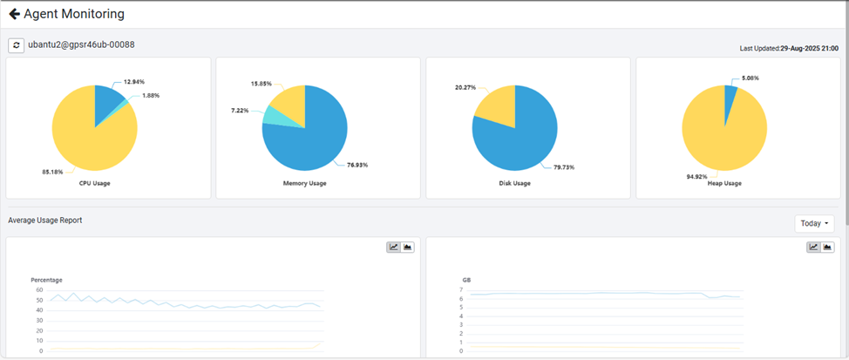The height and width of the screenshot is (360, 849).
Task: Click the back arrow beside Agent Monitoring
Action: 14,14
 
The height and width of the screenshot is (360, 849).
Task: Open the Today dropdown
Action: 814,223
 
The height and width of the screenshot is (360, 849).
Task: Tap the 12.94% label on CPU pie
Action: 134,81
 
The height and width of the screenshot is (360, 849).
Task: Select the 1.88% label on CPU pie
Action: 150,95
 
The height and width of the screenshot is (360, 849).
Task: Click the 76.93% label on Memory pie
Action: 357,165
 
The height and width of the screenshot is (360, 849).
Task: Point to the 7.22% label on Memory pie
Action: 241,111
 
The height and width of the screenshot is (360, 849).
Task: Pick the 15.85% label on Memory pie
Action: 261,84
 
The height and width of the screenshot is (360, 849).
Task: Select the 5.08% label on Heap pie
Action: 749,78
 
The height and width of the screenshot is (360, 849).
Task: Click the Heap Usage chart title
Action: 724,183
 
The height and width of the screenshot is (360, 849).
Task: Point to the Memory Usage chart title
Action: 304,183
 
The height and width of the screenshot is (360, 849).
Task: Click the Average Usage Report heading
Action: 44,221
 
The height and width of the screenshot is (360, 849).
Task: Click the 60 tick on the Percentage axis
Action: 39,289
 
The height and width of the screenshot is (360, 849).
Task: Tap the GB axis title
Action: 466,280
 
